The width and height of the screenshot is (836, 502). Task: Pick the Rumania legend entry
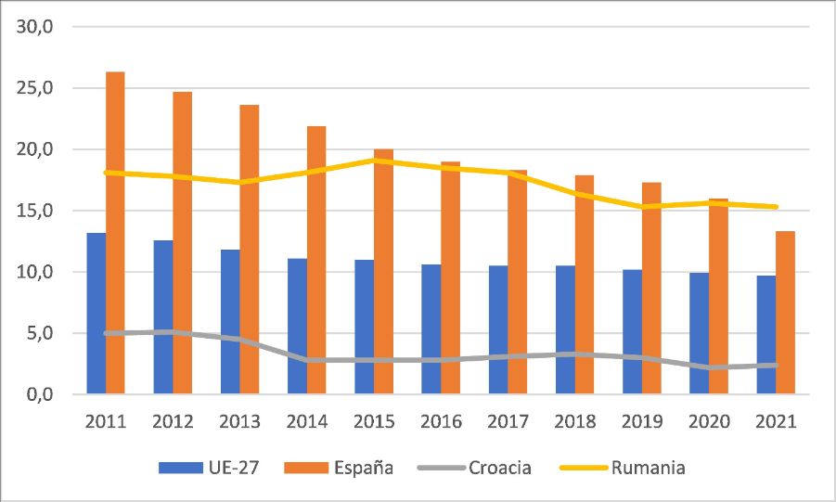pyautogui.click(x=624, y=468)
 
